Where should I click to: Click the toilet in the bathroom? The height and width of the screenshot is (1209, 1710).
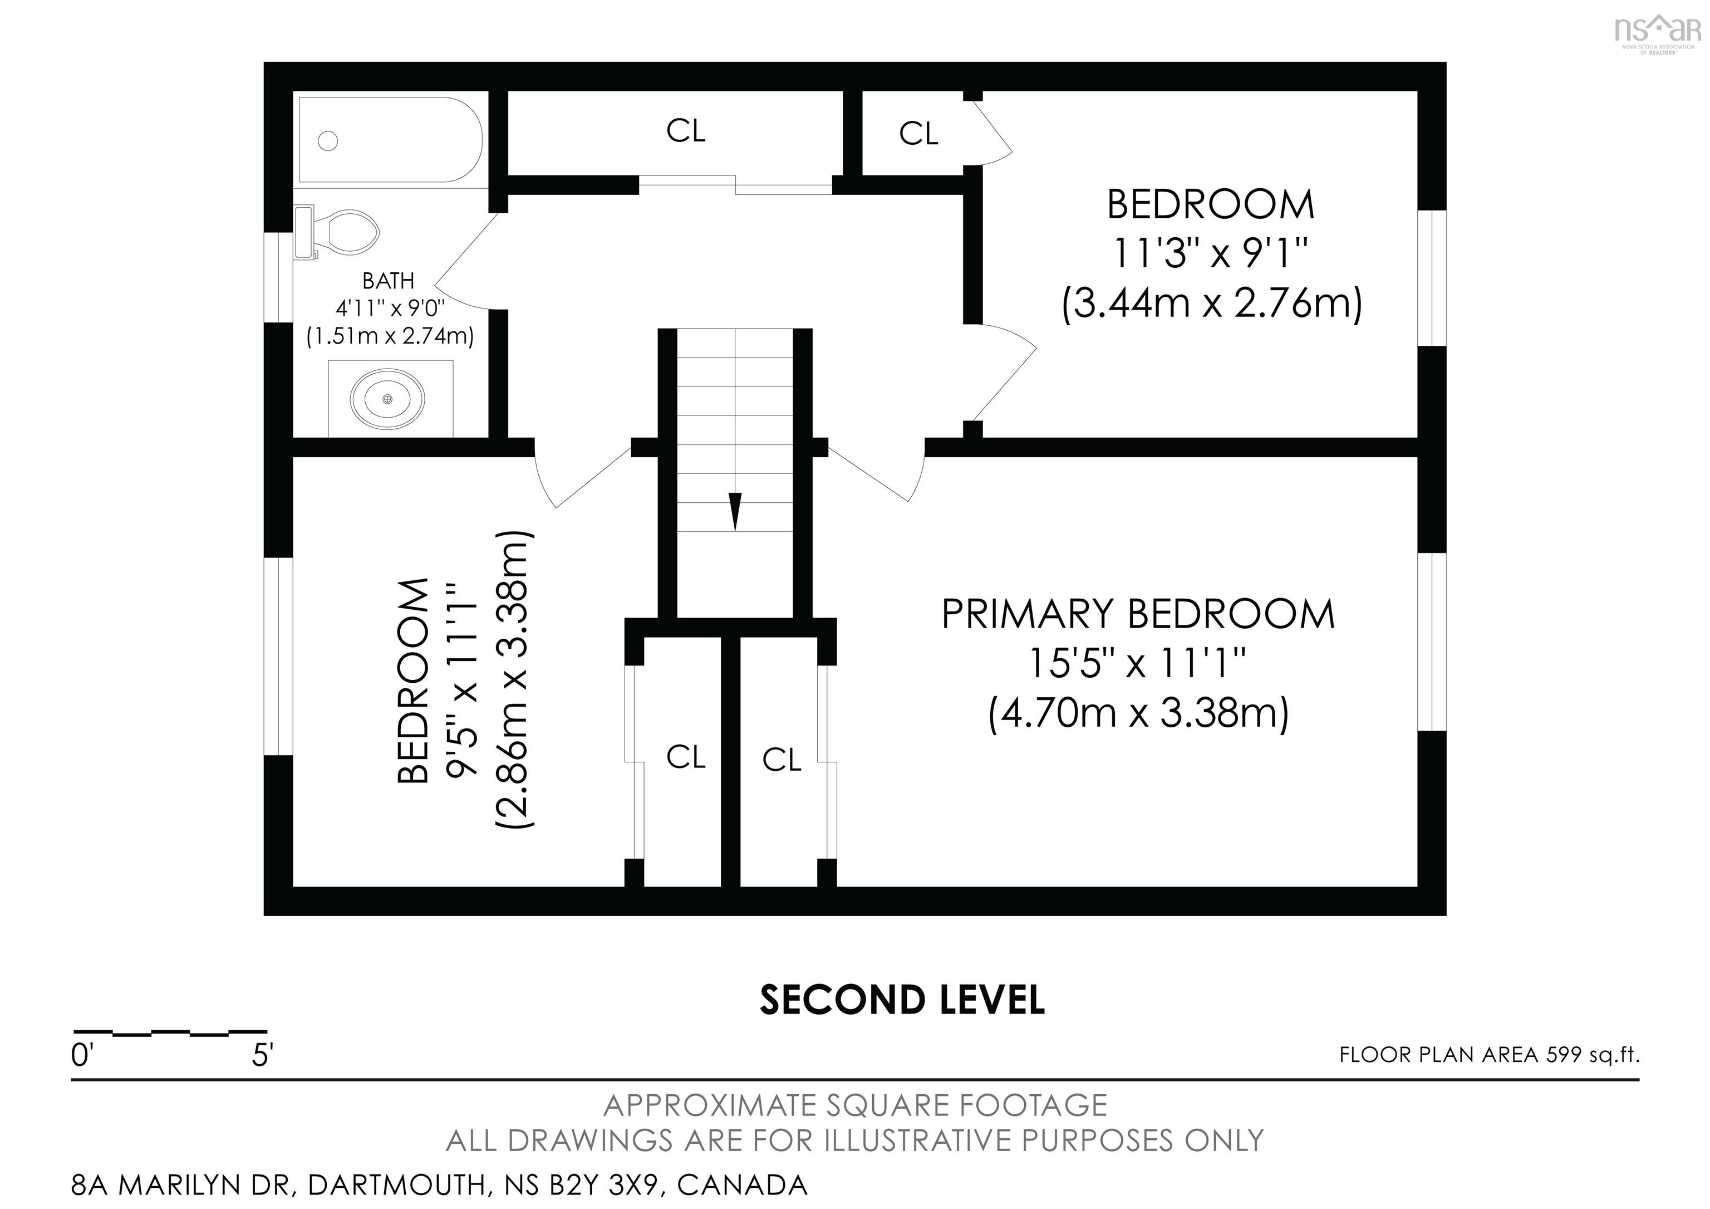coord(342,231)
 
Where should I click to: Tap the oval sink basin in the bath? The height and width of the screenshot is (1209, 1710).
coord(387,399)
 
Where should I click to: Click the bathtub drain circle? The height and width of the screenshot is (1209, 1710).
coord(328,140)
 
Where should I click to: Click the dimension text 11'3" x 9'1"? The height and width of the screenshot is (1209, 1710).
coord(1210,254)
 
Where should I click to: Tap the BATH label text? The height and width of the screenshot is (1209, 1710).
coord(388,281)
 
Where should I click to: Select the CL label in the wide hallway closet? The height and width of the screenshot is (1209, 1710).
coord(685,131)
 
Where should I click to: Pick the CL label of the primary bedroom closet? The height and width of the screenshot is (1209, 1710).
coord(782,760)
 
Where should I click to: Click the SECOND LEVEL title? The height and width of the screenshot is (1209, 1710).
coord(902,1000)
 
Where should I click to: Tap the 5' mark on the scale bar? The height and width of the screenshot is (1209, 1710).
coord(263,1055)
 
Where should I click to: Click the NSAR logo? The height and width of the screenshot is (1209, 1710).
coord(1657,33)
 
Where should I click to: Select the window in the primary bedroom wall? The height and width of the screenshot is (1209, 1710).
coord(1431,642)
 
